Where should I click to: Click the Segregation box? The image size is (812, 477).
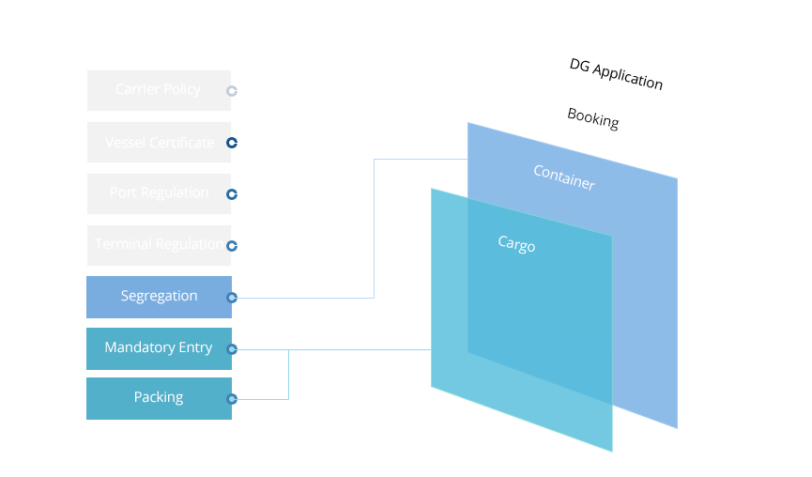[x=159, y=297]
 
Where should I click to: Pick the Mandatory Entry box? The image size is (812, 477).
[x=159, y=348]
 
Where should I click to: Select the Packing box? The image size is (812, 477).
[x=159, y=398]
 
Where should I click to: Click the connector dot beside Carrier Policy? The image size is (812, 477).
[x=232, y=91]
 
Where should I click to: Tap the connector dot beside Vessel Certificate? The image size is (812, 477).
[x=232, y=144]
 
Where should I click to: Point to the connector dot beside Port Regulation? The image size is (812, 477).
[x=232, y=194]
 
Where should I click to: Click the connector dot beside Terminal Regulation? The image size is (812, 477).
[x=232, y=246]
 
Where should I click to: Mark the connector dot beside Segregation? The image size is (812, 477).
[x=232, y=298]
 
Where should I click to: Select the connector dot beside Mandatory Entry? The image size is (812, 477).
[x=232, y=349]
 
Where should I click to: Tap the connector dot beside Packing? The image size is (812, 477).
[x=232, y=399]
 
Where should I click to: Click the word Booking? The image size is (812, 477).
[x=592, y=118]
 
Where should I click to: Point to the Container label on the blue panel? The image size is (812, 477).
[x=563, y=177]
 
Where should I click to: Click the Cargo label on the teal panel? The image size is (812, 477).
[x=516, y=244]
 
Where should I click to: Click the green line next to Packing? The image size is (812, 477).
[x=264, y=399]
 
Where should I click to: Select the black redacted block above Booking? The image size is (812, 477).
[x=616, y=74]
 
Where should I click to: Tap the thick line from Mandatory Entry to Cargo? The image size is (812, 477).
[x=338, y=349]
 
